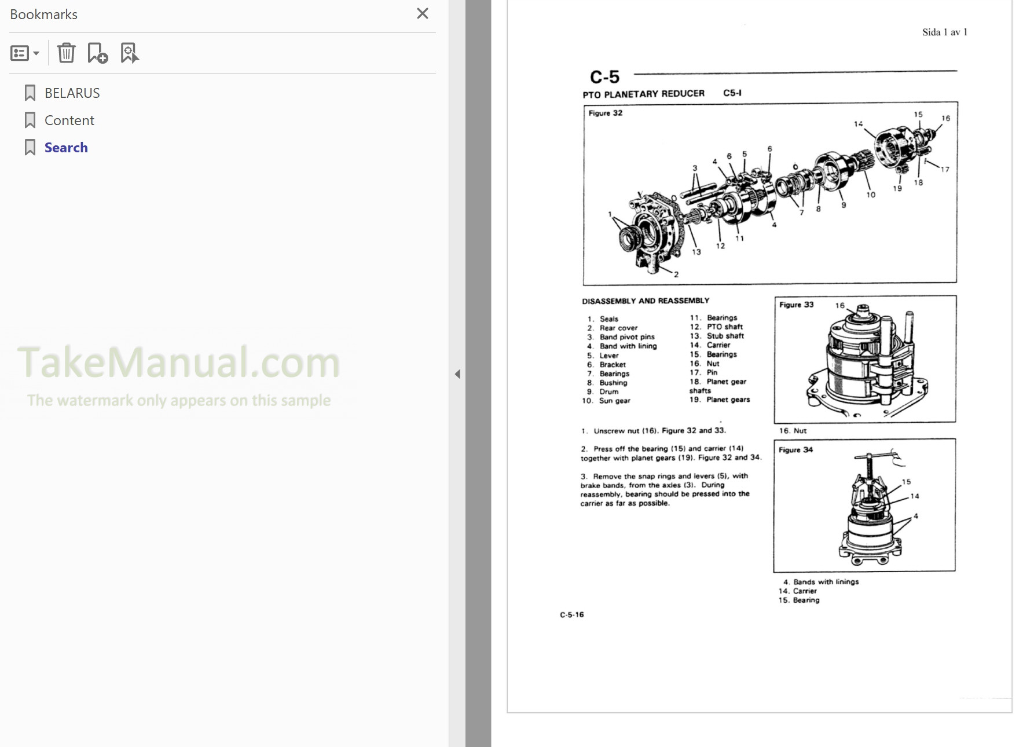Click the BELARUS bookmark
(x=72, y=93)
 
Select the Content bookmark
(x=69, y=120)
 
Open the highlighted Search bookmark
(x=66, y=148)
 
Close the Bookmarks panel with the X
(x=423, y=13)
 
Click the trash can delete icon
(x=66, y=53)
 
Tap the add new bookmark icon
(x=97, y=53)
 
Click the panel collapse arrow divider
(x=457, y=374)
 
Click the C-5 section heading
(x=604, y=77)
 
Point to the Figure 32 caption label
(x=605, y=113)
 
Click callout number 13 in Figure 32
(x=696, y=252)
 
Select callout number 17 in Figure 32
(x=945, y=170)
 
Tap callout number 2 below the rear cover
(x=676, y=274)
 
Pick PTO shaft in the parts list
(x=724, y=327)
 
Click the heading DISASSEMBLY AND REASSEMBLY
(x=645, y=301)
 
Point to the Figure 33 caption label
(x=796, y=305)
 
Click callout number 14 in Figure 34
(x=915, y=496)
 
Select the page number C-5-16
(x=571, y=614)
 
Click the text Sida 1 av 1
(x=944, y=32)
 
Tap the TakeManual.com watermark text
(x=178, y=363)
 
